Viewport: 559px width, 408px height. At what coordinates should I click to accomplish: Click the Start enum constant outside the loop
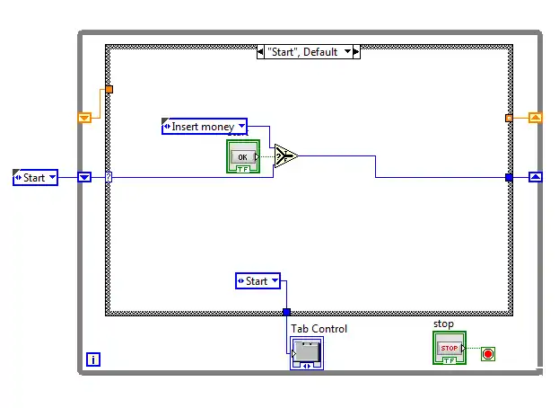coord(35,178)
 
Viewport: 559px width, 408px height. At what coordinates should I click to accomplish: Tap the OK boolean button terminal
coord(241,157)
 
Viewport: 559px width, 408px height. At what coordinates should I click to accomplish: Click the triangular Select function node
coord(285,156)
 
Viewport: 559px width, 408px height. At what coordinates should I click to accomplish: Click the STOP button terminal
coord(449,348)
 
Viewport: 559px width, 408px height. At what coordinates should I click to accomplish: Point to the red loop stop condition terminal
coord(487,353)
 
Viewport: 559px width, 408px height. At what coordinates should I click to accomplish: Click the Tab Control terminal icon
coord(306,352)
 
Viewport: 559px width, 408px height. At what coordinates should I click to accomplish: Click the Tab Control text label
coord(319,328)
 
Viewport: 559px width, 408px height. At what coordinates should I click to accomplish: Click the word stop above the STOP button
coord(443,324)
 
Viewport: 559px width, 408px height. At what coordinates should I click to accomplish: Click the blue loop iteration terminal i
coord(92,359)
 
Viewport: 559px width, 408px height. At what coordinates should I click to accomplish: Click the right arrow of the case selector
coord(355,52)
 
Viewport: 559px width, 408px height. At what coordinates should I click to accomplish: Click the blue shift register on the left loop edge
coord(84,177)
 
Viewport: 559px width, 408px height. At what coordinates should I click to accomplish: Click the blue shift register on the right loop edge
coord(535,177)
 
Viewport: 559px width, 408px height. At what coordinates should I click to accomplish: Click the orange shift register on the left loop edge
coord(84,117)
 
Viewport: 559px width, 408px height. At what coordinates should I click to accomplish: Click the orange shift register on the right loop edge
coord(535,117)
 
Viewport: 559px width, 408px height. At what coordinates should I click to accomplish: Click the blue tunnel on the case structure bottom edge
coord(286,312)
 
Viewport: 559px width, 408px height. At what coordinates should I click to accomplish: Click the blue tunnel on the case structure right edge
coord(509,177)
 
